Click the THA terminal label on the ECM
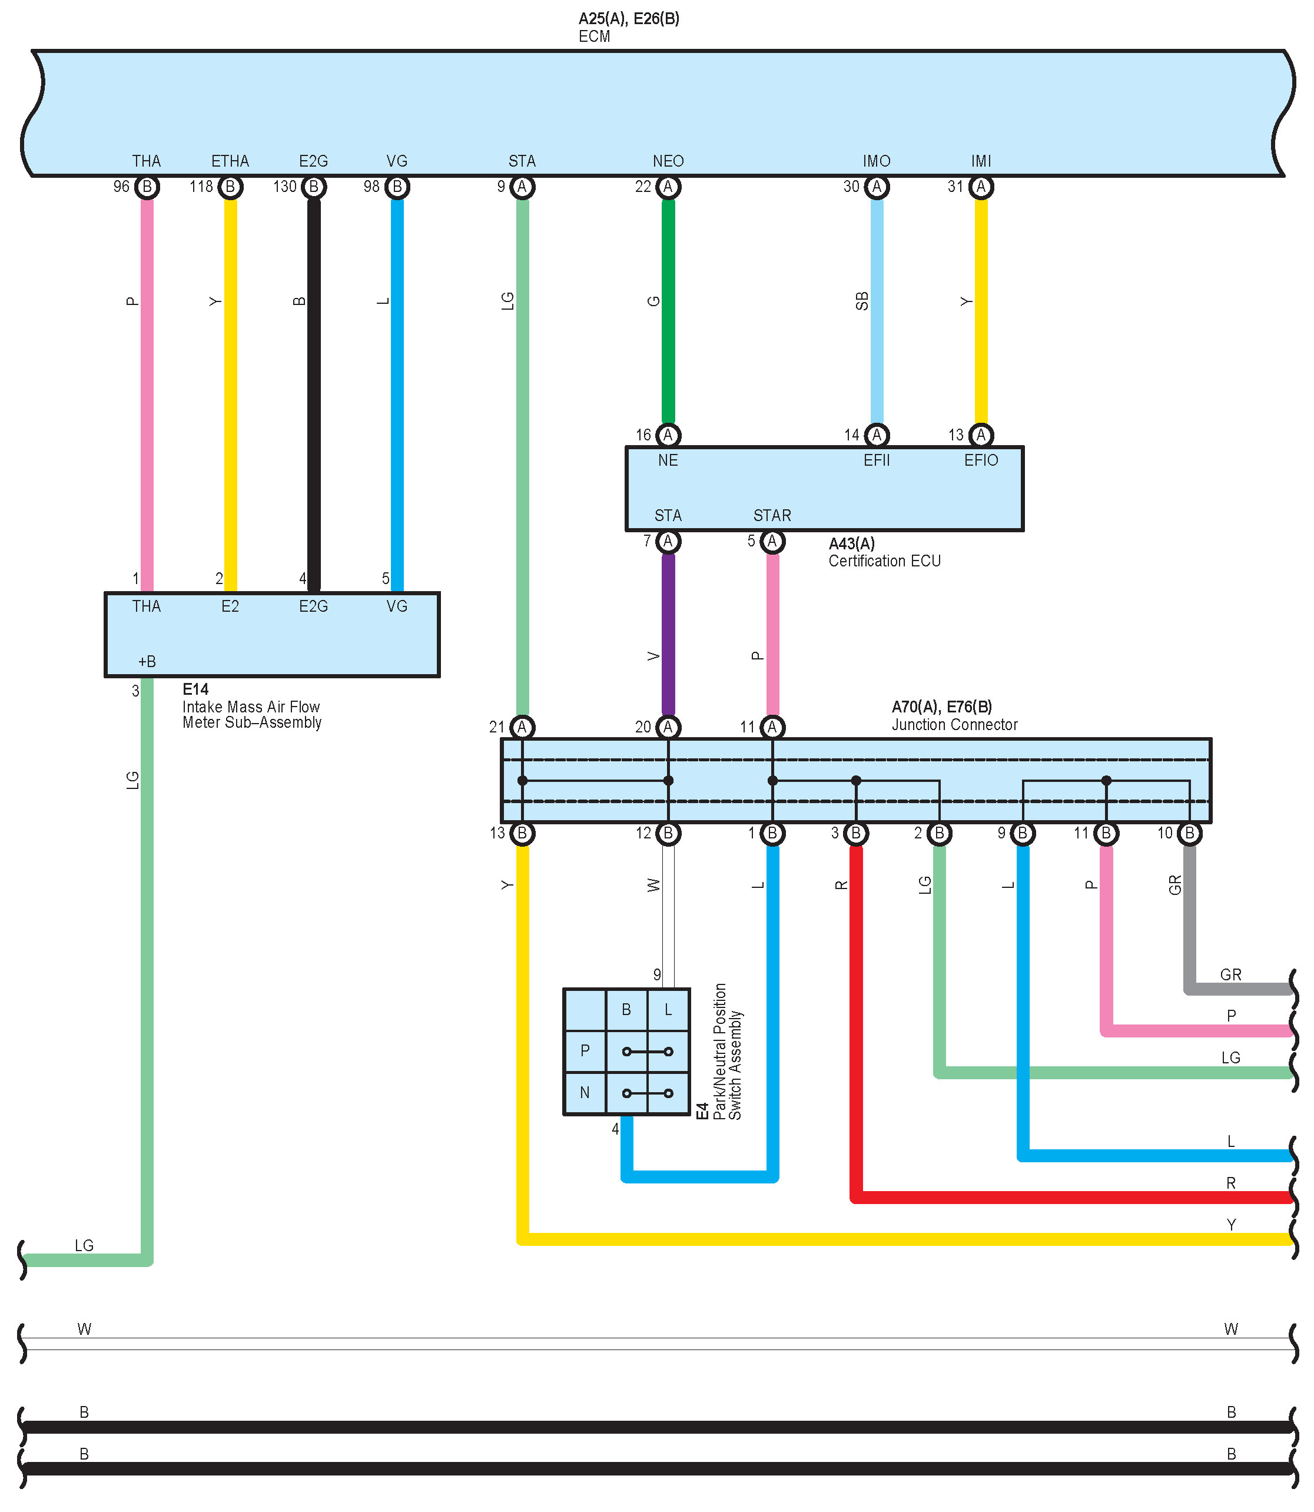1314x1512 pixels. (x=146, y=161)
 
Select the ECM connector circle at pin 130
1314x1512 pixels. (x=314, y=187)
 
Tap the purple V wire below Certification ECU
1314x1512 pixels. (x=668, y=634)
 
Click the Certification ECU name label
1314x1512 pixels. (x=884, y=561)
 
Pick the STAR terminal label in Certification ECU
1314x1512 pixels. (x=772, y=516)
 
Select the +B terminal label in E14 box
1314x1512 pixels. (x=147, y=661)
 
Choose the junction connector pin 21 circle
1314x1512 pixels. (x=522, y=727)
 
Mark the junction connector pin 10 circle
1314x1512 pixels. (x=1189, y=833)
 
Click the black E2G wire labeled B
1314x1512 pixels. (x=314, y=389)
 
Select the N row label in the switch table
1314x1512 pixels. (x=585, y=1093)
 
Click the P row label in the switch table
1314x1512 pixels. (x=585, y=1051)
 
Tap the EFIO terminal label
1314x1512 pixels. (x=981, y=460)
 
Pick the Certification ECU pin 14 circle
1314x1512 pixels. (x=877, y=436)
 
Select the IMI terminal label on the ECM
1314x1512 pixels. (x=981, y=161)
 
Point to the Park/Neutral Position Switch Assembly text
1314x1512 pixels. (x=728, y=1052)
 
